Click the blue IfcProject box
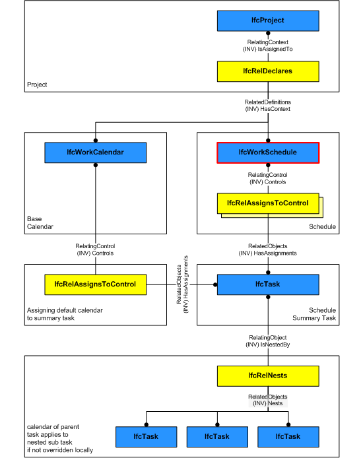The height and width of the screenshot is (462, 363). [x=268, y=21]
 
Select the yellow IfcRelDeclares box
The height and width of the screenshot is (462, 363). [x=268, y=71]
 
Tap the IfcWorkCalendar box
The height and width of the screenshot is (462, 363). [x=96, y=153]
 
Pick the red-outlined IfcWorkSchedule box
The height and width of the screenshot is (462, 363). [x=268, y=152]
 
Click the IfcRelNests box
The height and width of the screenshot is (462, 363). [x=268, y=376]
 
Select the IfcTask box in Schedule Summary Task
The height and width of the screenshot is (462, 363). [x=268, y=285]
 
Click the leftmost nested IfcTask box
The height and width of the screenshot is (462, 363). [x=147, y=436]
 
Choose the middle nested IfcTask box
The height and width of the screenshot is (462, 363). [x=217, y=436]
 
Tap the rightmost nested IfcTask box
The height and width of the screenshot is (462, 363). [x=288, y=436]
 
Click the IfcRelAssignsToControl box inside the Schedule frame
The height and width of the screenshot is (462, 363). [x=268, y=203]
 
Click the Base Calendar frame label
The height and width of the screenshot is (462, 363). [x=39, y=222]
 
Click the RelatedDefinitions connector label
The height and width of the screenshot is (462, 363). [x=268, y=106]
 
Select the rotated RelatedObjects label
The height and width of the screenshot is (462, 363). [x=182, y=285]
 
